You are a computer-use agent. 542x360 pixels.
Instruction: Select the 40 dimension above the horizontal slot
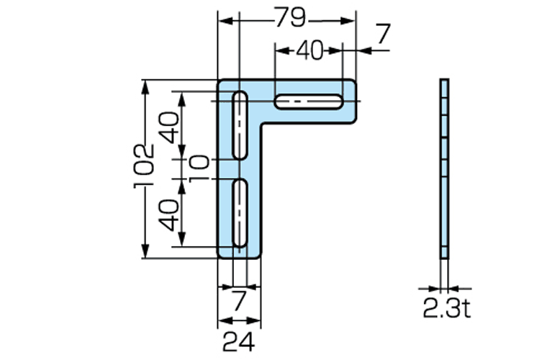coord(310,50)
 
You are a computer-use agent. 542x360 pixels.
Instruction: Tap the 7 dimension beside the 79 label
coord(382,32)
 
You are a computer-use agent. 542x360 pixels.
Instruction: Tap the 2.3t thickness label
coord(446,309)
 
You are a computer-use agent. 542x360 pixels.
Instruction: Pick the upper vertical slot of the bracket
coord(240,125)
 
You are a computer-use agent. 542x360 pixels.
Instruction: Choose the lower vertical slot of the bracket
coord(240,215)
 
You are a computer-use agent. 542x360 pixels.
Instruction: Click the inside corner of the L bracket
coord(263,125)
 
